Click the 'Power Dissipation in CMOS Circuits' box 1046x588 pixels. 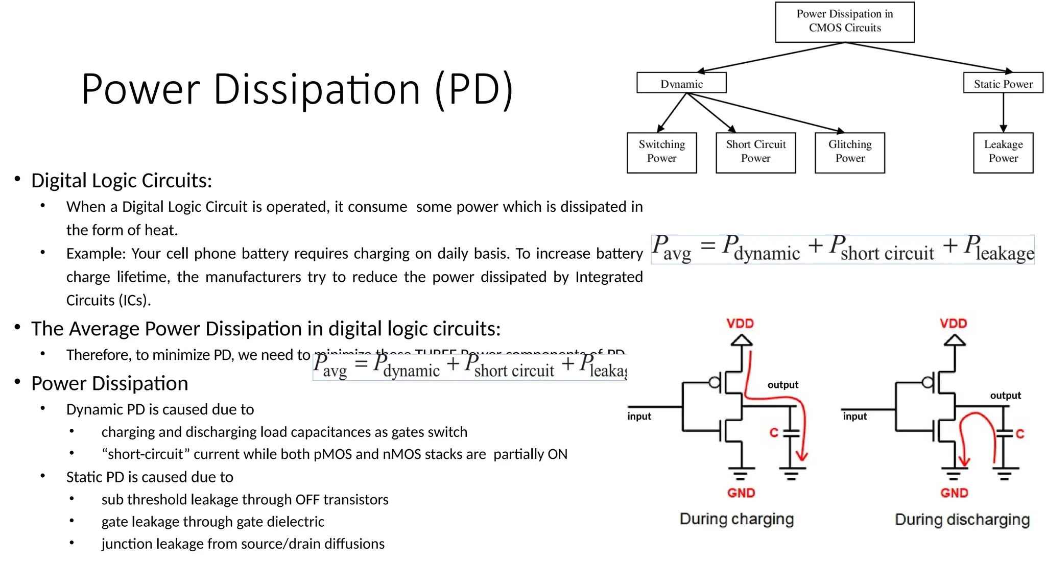[x=844, y=21]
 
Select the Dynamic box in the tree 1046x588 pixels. [x=681, y=83]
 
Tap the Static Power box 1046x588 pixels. [x=1003, y=83]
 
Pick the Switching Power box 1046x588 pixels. [x=661, y=152]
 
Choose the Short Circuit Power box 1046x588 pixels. [x=755, y=152]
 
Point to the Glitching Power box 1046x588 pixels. [x=849, y=152]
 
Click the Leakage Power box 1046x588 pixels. [x=1003, y=152]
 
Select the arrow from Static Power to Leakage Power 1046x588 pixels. [x=1003, y=113]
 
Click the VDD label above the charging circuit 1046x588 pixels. [x=740, y=324]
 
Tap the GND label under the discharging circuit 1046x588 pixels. [x=954, y=493]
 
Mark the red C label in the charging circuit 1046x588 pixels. [x=774, y=433]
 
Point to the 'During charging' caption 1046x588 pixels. [x=736, y=519]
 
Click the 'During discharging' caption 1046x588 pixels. [x=962, y=520]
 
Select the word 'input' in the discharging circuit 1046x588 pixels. [x=854, y=416]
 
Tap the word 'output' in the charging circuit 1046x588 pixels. [x=782, y=385]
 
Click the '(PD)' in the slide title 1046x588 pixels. [x=473, y=90]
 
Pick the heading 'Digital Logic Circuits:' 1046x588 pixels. [x=122, y=181]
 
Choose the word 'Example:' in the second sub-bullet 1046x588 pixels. [x=96, y=254]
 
